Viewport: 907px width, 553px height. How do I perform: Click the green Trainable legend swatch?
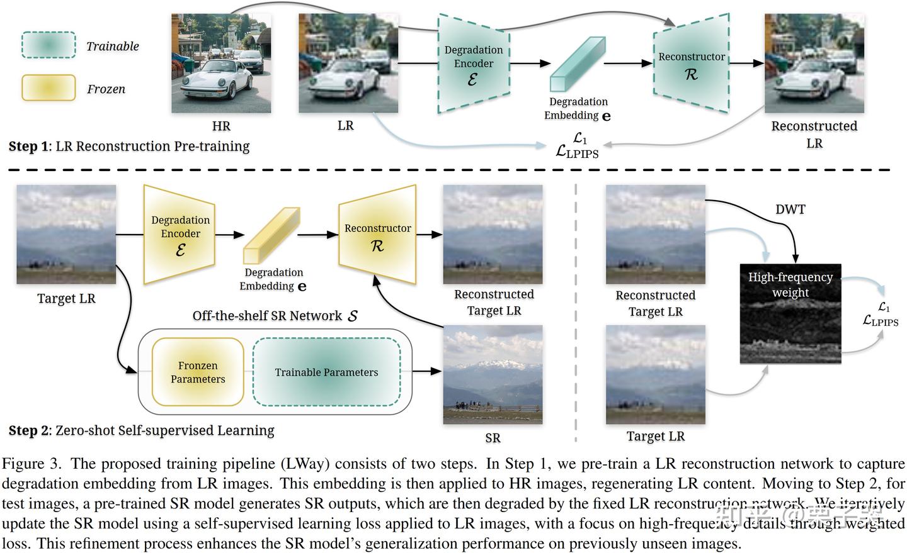48,45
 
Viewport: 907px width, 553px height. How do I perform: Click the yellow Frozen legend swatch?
48,88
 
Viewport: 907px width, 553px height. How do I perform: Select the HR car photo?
221,64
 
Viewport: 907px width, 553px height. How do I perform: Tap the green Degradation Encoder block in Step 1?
474,63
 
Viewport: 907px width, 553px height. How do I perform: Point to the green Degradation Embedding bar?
576,64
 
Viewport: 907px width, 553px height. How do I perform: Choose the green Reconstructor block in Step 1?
692,64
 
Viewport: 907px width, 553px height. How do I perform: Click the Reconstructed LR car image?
814,64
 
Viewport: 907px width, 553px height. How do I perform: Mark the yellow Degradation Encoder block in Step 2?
180,234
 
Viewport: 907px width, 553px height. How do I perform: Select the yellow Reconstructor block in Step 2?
378,235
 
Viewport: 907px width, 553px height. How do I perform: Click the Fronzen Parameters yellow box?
198,372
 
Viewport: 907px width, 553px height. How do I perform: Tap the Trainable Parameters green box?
326,372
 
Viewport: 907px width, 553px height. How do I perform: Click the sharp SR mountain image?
493,376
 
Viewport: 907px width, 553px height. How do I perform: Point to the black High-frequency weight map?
790,313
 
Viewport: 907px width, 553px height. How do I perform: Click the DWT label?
790,209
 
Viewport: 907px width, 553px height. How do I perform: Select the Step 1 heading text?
129,147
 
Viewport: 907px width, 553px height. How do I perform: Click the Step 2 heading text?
141,431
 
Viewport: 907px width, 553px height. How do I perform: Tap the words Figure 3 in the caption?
31,464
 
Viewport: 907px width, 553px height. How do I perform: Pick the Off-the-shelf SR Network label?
275,316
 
